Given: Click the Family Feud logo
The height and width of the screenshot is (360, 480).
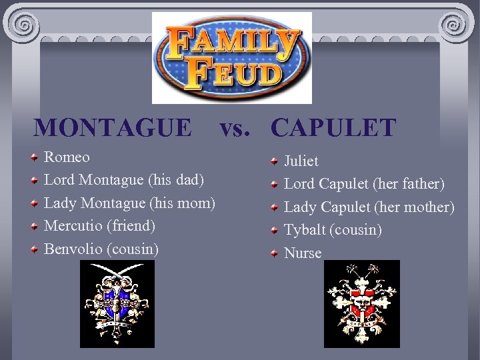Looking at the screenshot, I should [231, 58].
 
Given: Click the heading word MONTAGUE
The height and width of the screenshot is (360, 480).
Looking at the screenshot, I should [112, 127].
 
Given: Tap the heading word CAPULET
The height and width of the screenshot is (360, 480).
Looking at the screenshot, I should [334, 127].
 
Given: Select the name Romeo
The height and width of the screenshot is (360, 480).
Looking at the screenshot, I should [67, 157].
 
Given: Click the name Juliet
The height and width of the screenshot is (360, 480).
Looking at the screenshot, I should [301, 161].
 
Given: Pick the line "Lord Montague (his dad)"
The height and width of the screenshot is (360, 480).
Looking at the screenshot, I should [124, 180].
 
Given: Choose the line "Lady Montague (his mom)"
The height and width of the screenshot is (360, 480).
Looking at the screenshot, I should [129, 203].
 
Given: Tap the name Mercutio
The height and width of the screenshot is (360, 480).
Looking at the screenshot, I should [72, 226].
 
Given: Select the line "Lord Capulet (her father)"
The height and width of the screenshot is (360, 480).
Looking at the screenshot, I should [364, 184].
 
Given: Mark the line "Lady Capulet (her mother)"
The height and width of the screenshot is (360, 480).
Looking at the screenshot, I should [369, 207].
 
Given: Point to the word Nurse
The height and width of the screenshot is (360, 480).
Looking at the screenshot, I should [303, 253].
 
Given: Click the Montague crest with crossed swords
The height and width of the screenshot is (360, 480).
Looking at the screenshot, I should [117, 303].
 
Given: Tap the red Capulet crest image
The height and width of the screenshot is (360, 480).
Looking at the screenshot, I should [362, 303].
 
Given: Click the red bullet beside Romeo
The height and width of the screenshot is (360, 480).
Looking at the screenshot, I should [33, 158].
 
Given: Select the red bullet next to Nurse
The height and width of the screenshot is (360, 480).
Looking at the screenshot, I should [274, 253].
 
